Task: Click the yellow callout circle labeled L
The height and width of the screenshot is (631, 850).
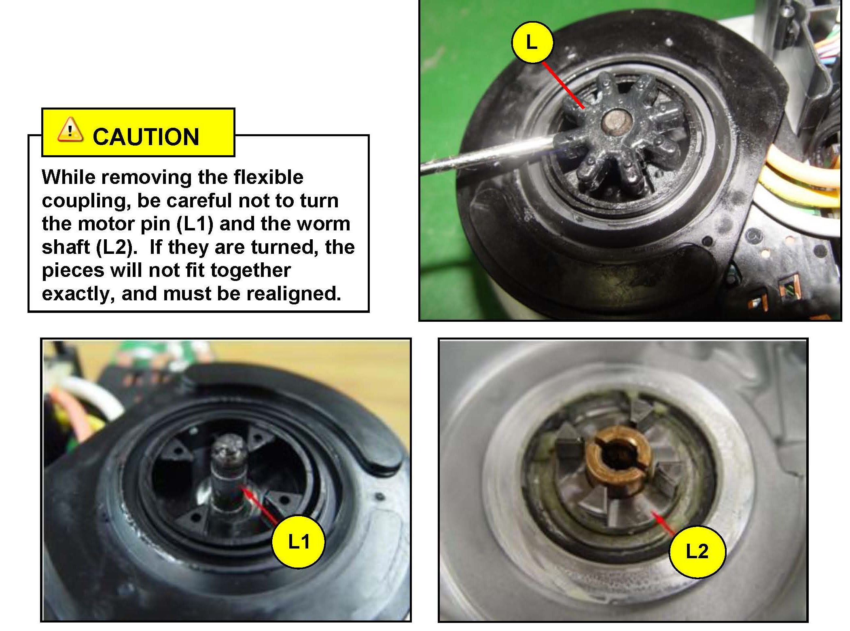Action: coord(532,42)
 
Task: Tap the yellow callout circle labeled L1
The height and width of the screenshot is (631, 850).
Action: coord(299,542)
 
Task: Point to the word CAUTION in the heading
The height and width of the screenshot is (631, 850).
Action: coord(146,137)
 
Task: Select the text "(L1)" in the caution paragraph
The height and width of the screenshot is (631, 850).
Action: coord(195,224)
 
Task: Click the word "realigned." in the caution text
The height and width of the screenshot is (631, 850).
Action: coord(294,293)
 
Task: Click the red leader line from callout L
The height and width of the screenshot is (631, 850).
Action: coord(563,85)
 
